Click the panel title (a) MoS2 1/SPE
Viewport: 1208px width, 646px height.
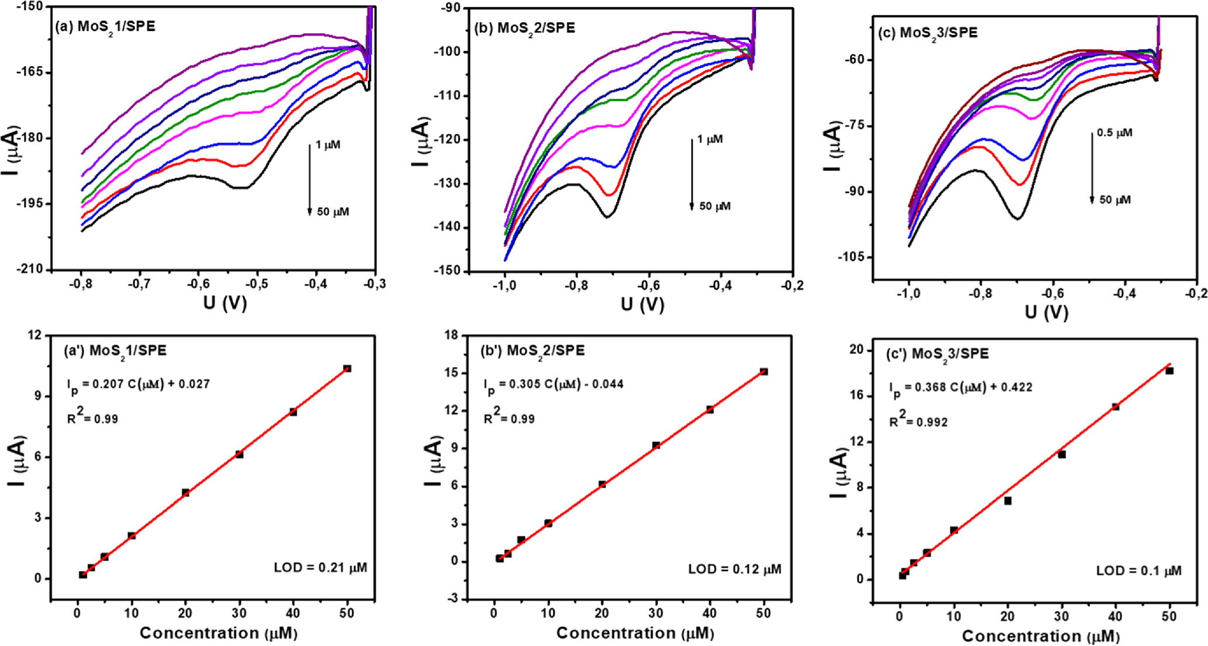[x=105, y=27]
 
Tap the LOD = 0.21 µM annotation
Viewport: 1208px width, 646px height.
[x=321, y=567]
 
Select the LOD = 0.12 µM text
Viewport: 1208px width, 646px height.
[x=734, y=569]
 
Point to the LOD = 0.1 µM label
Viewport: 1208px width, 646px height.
[x=1138, y=571]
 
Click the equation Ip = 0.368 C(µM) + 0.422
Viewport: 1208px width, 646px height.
[x=961, y=388]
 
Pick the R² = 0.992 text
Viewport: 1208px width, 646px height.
[x=918, y=421]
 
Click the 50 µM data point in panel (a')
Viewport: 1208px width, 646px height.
[x=347, y=369]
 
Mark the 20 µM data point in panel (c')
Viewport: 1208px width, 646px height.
[x=1008, y=501]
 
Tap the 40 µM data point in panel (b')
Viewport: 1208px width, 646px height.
[x=710, y=410]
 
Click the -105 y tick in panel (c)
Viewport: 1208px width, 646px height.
[x=852, y=257]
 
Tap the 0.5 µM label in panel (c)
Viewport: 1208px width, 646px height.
[x=1114, y=133]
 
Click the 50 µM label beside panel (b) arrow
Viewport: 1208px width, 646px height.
[x=715, y=206]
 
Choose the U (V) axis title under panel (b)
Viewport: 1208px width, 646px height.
[x=642, y=304]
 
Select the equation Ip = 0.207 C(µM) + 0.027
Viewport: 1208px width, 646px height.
[x=138, y=385]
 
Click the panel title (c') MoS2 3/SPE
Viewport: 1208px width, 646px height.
[x=938, y=354]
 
